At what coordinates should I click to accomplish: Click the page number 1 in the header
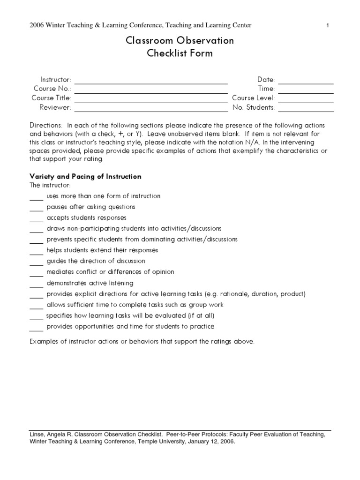tap(328, 26)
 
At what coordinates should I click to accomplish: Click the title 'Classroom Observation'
tap(180, 41)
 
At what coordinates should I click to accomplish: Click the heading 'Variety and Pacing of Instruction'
tap(85, 177)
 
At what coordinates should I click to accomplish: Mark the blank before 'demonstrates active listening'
tap(36, 285)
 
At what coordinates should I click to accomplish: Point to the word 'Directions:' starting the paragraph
tap(45, 126)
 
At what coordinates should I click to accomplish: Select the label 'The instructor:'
tap(50, 186)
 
